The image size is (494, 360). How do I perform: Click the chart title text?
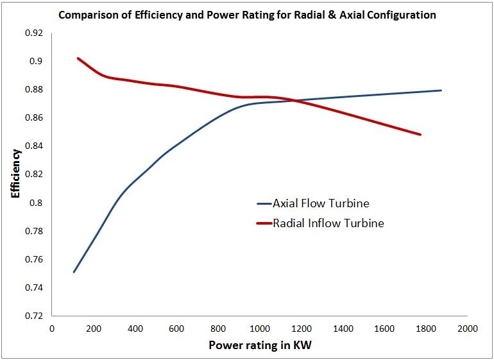pyautogui.click(x=247, y=15)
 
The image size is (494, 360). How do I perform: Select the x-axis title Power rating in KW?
pyautogui.click(x=260, y=345)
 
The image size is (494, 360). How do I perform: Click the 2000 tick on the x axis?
pyautogui.click(x=467, y=329)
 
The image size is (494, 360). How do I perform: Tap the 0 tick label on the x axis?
pyautogui.click(x=52, y=329)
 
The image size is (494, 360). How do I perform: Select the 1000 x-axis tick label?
pyautogui.click(x=259, y=329)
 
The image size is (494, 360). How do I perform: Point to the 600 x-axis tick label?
pyautogui.click(x=176, y=329)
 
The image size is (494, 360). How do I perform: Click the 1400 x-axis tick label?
pyautogui.click(x=343, y=329)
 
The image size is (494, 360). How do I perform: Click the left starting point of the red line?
pyautogui.click(x=78, y=58)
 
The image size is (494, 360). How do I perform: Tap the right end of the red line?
pyautogui.click(x=420, y=135)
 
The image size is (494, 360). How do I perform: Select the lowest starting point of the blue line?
pyautogui.click(x=74, y=272)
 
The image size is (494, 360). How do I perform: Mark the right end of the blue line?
pyautogui.click(x=441, y=90)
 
